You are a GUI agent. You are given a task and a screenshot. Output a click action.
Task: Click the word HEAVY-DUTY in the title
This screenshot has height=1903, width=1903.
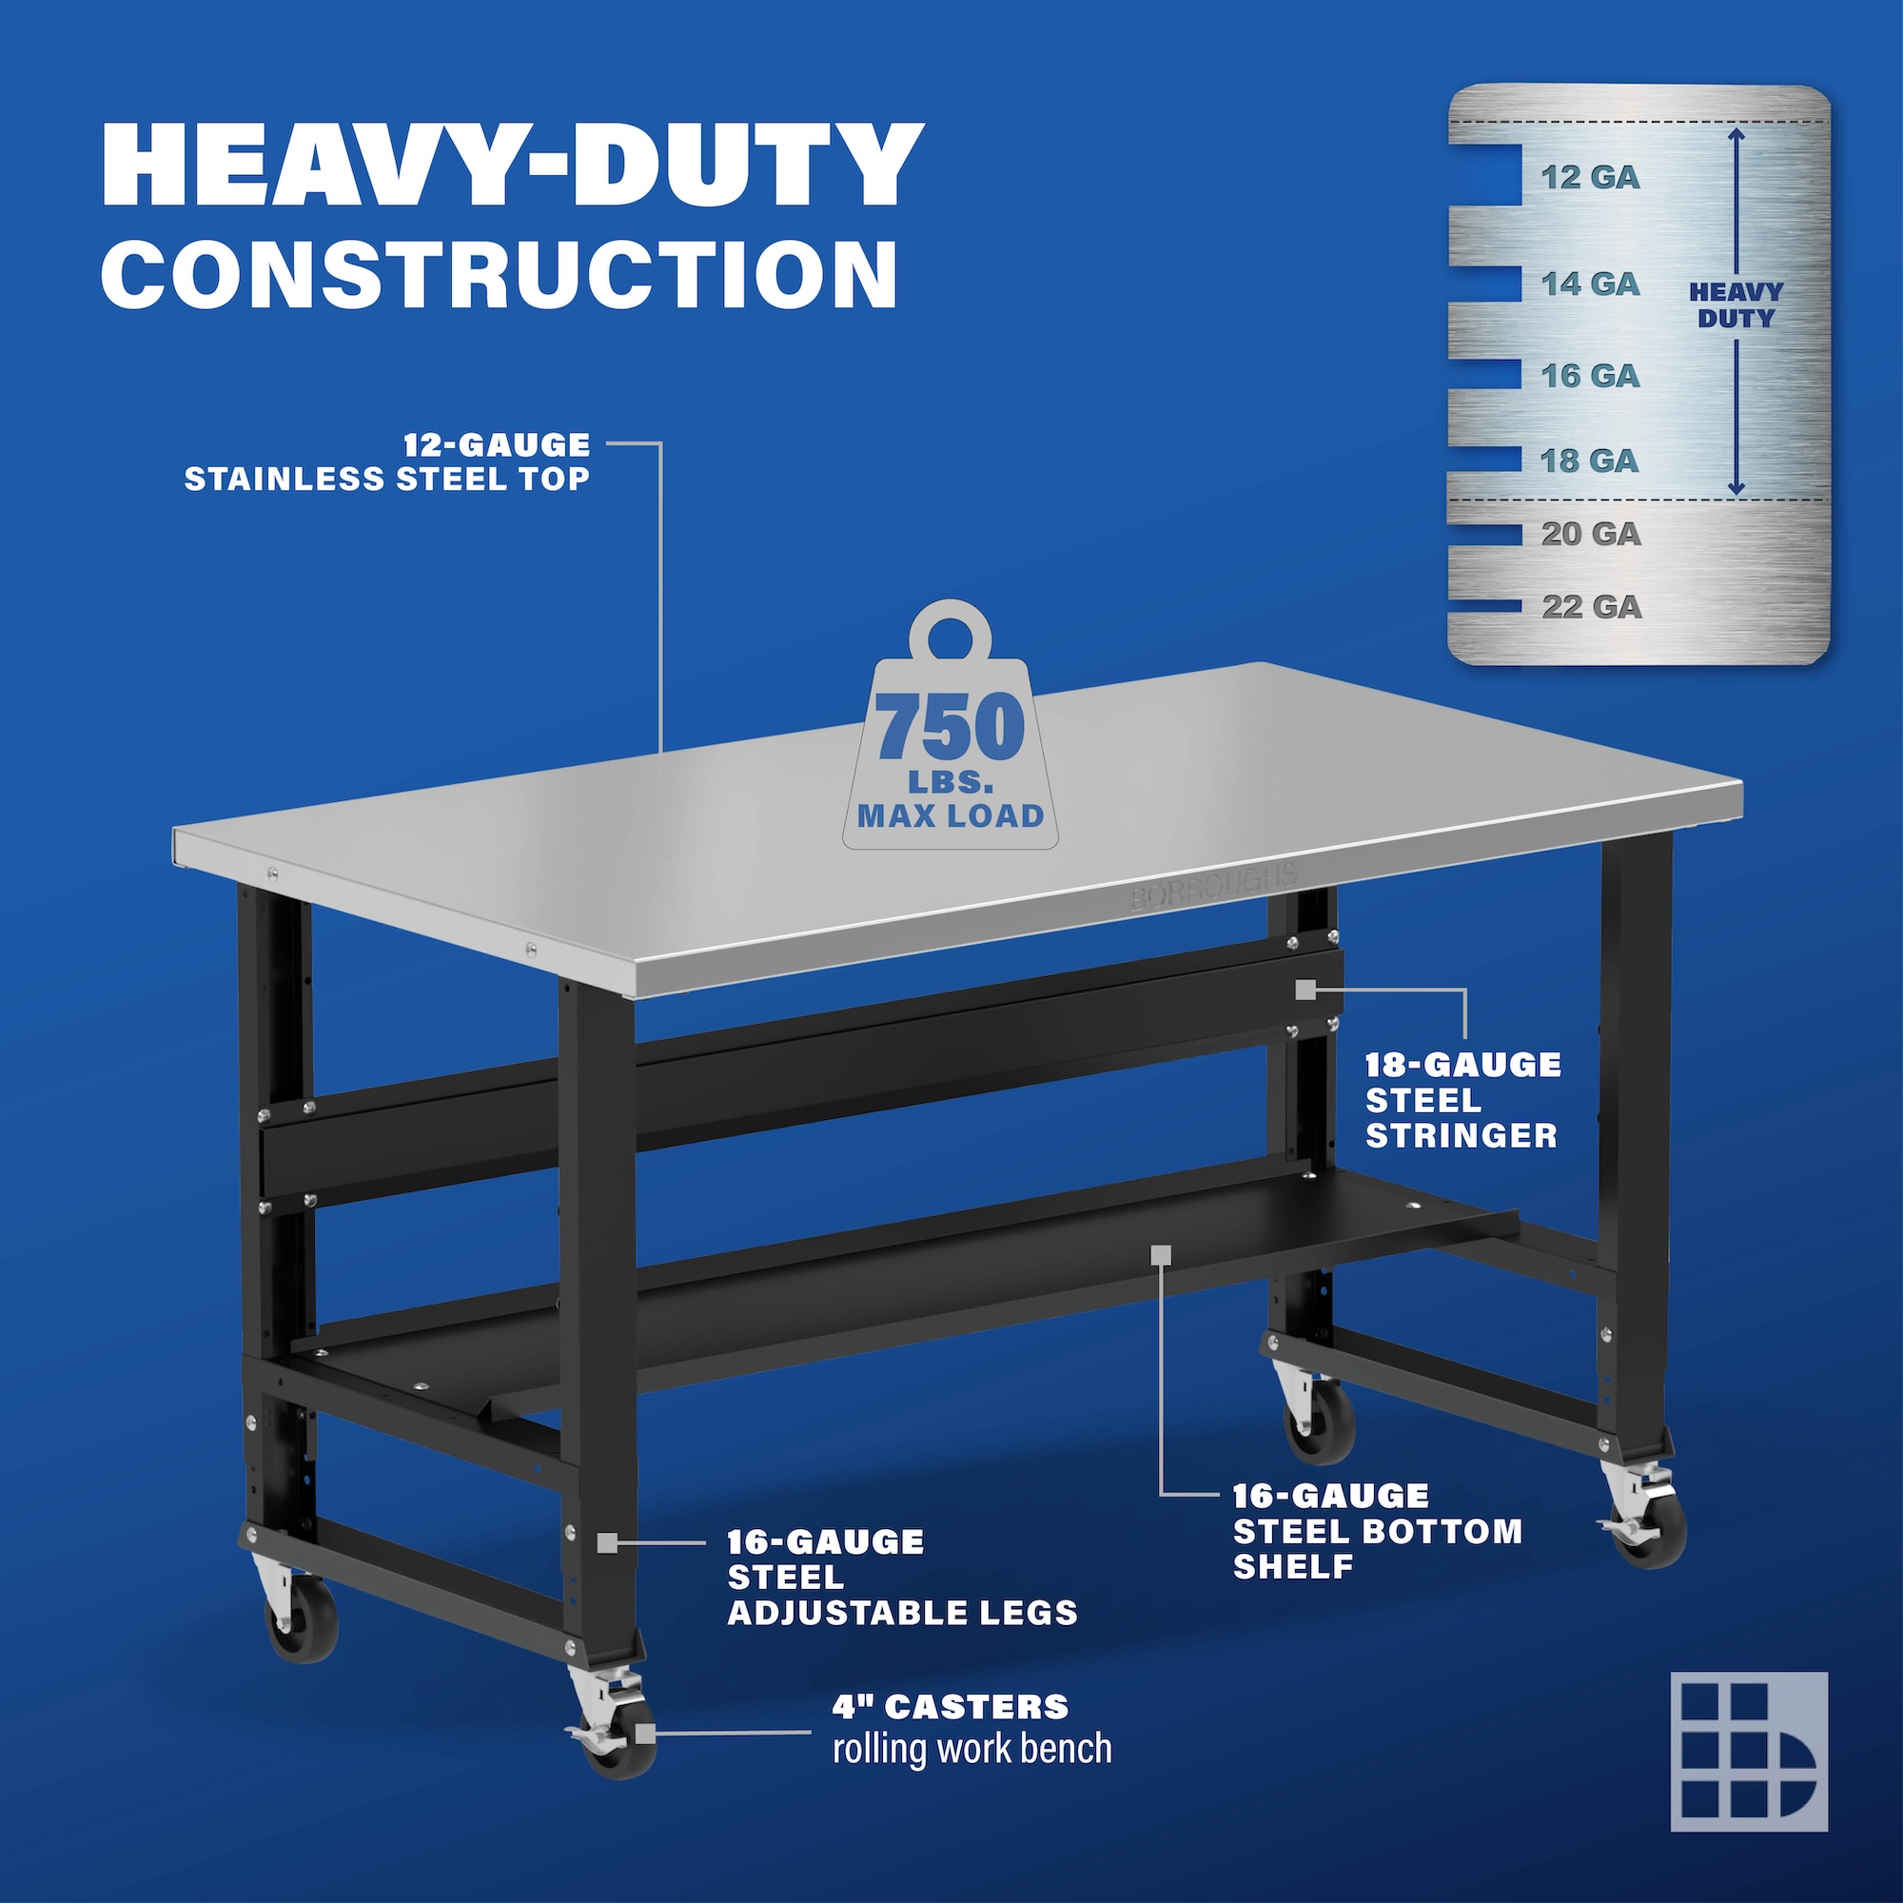[x=512, y=165]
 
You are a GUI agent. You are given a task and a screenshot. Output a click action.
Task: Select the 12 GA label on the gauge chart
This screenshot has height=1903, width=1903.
[x=1591, y=177]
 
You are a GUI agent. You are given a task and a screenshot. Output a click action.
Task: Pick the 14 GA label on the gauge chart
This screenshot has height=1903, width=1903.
[x=1591, y=284]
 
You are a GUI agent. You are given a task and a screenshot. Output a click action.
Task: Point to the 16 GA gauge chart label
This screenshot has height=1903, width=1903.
[x=1591, y=375]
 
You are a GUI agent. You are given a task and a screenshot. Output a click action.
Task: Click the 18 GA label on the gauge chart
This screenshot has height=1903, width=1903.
[x=1590, y=460]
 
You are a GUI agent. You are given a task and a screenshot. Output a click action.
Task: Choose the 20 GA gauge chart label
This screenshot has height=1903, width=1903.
[x=1591, y=534]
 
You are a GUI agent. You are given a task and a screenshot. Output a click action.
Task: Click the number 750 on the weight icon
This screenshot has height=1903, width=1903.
[x=951, y=727]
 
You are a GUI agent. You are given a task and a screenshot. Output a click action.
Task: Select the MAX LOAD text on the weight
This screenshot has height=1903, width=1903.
[x=951, y=815]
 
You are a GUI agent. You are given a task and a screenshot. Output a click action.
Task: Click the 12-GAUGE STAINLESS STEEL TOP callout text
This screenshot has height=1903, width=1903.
[x=387, y=461]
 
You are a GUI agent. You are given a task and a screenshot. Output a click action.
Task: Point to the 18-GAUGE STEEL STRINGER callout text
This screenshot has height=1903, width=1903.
[x=1462, y=1100]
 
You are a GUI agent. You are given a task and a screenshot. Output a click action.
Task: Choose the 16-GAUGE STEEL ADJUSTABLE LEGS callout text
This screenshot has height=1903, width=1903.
[x=902, y=1577]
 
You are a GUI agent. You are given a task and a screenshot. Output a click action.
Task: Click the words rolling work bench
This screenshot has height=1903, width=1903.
[x=972, y=1750]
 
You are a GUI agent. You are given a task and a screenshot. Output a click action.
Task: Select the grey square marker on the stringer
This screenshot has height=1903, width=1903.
[x=1305, y=990]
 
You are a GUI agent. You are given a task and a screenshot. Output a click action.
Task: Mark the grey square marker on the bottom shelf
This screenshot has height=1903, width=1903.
[x=1160, y=1254]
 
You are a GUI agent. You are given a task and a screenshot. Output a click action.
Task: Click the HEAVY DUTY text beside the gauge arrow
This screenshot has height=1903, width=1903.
[x=1736, y=305]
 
